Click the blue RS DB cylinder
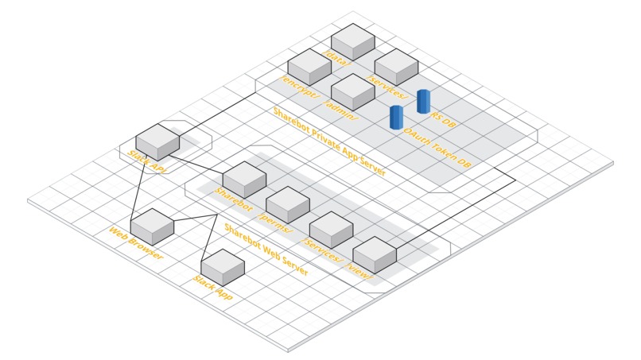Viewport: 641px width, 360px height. coord(422,101)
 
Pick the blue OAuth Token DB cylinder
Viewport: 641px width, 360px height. coord(396,116)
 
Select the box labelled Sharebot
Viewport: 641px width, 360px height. coord(244,179)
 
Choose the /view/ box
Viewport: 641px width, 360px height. coord(374,254)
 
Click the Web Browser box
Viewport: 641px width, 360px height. coord(151,226)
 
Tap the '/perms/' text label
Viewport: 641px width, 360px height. coord(277,223)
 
